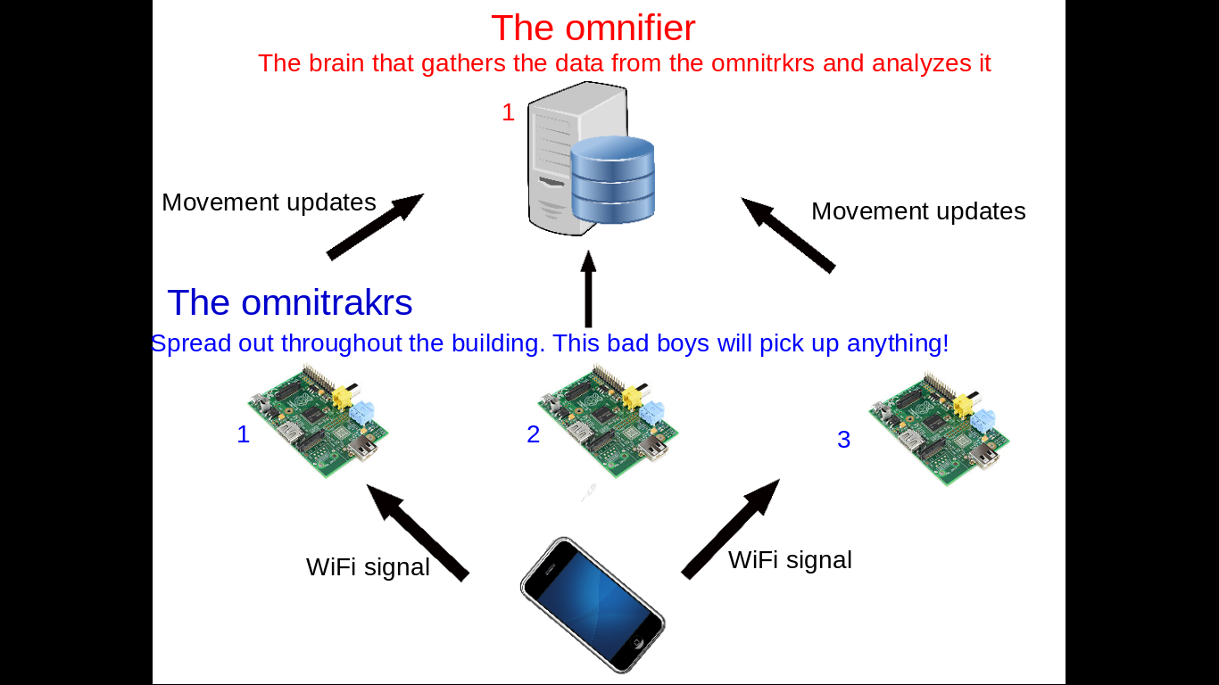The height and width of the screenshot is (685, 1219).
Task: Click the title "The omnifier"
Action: pos(593,29)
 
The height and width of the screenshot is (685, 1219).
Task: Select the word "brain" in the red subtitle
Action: pos(332,63)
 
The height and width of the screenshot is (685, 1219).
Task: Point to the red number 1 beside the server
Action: pos(508,112)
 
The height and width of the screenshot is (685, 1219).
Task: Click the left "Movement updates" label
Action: pos(269,202)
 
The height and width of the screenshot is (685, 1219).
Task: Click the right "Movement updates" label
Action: pos(918,211)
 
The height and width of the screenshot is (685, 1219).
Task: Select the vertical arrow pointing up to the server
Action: pos(588,289)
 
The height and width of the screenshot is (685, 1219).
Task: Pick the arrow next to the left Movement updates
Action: pos(375,227)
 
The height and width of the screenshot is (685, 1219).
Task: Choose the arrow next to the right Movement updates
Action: pos(788,235)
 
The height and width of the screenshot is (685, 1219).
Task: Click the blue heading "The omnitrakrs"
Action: pos(289,303)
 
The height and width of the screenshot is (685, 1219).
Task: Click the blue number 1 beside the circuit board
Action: pos(243,434)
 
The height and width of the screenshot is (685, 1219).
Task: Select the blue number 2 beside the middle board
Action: pos(533,434)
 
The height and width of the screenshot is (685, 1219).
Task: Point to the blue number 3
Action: pos(843,440)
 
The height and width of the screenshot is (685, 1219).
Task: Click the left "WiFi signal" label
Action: pos(368,567)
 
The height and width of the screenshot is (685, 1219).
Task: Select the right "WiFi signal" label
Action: pos(790,560)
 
